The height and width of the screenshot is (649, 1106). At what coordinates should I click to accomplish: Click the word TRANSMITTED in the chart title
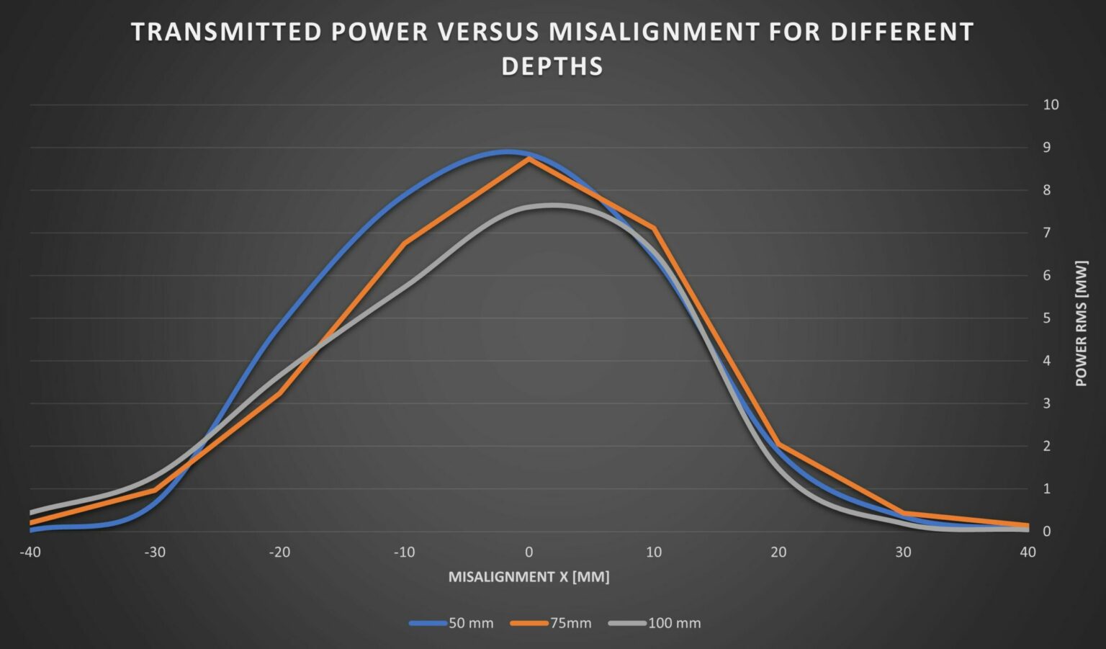point(226,32)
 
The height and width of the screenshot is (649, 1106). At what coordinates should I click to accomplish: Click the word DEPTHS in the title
point(552,66)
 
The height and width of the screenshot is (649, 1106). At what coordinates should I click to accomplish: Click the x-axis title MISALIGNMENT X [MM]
point(529,577)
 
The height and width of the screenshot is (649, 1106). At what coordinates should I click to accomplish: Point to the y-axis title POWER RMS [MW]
point(1081,323)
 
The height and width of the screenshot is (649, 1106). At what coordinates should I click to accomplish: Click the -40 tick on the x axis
point(30,552)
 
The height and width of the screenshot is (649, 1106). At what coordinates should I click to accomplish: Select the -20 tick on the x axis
point(279,552)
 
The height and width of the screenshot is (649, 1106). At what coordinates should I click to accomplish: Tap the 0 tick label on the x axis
point(529,552)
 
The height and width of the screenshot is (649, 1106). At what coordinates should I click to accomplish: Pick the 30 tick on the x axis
point(903,552)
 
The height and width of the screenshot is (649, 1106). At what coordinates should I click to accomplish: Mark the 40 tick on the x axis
point(1028,552)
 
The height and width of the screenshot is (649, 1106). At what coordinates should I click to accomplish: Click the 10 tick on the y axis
point(1051,105)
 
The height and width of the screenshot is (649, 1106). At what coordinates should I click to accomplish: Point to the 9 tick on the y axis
point(1046,148)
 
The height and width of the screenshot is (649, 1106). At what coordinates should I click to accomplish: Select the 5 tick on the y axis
point(1046,318)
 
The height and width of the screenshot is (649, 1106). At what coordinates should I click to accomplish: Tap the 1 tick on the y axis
point(1046,489)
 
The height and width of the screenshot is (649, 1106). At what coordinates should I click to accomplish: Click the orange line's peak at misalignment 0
point(529,159)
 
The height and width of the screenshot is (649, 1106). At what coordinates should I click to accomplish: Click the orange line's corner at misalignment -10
point(405,243)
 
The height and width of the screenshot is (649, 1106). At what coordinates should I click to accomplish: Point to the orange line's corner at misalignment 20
point(778,444)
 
